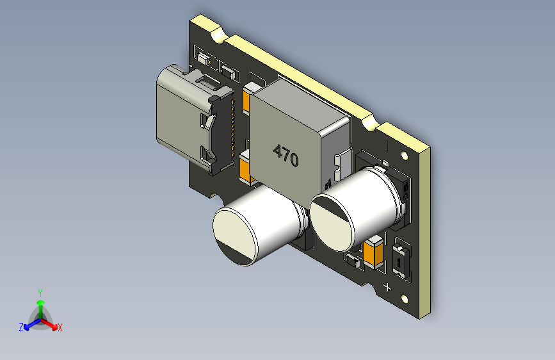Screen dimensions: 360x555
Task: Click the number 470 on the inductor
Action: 286,156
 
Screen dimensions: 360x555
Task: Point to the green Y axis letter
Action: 40,292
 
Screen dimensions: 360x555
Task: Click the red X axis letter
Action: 60,328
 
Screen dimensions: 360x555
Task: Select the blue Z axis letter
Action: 21,327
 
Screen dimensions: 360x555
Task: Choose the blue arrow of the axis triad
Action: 29,323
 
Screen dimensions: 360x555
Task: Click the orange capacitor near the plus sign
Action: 374,252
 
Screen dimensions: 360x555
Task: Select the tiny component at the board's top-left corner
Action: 206,60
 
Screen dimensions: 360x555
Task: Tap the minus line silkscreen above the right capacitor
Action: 387,145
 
